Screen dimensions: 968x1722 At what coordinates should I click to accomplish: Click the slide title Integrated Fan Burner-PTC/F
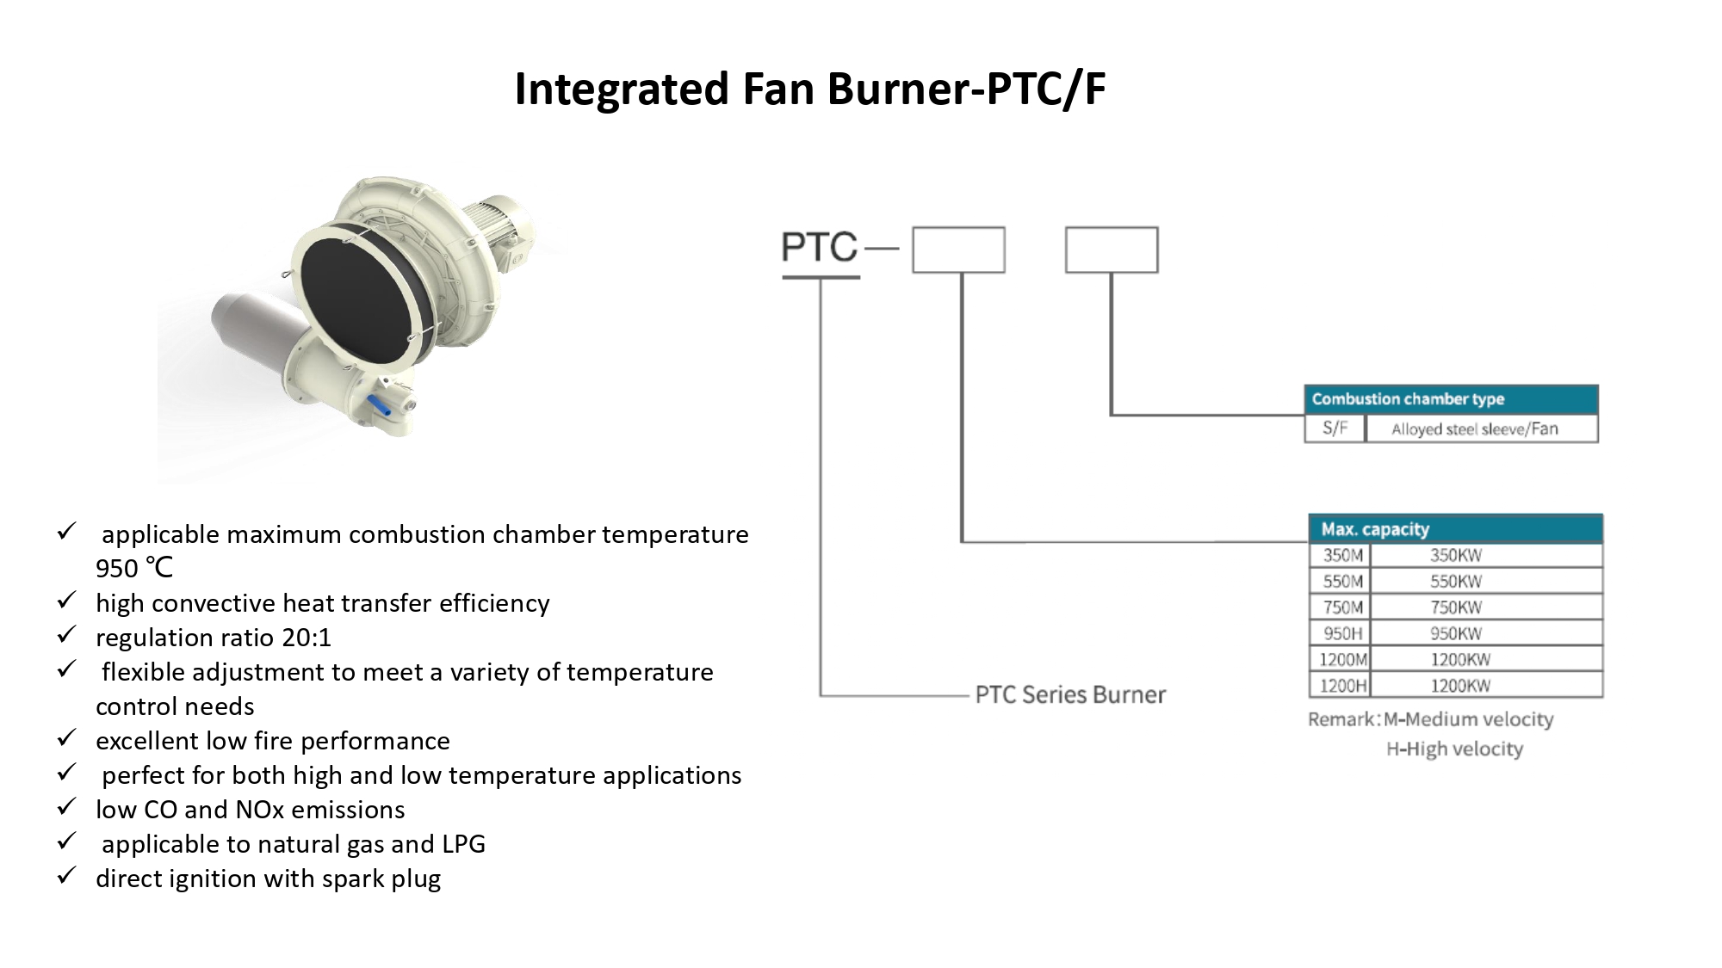coord(809,89)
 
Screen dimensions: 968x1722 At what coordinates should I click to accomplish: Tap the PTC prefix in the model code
coord(820,248)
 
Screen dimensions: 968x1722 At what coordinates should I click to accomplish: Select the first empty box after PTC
coord(958,250)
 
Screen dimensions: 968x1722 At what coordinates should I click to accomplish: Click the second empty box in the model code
coord(1112,250)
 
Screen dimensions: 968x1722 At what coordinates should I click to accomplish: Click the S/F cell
coord(1335,429)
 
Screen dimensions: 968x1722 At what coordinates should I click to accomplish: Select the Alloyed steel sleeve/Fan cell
coord(1474,429)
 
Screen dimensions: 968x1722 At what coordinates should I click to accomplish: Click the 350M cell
coord(1342,556)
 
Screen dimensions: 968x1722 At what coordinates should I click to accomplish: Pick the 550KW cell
coord(1456,582)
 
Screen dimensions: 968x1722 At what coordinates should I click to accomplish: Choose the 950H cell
coord(1342,634)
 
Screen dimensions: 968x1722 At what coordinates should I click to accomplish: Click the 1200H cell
coord(1342,686)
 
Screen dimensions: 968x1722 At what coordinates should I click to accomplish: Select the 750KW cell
coord(1456,607)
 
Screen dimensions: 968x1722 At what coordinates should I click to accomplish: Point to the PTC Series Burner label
coord(1070,694)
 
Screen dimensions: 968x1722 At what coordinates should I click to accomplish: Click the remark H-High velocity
coord(1454,749)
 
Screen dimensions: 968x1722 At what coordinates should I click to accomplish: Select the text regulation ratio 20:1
coord(213,638)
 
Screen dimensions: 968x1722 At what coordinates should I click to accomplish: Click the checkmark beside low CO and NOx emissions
coord(67,807)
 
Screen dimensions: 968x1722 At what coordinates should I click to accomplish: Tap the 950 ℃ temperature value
coord(134,569)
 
